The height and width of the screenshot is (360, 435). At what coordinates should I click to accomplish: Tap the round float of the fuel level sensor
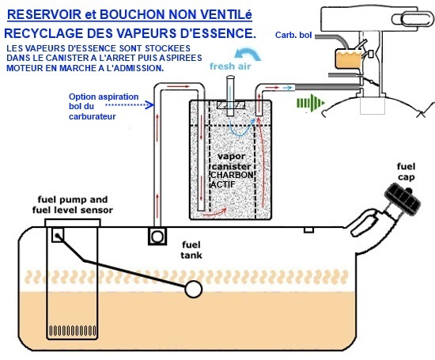pyautogui.click(x=193, y=290)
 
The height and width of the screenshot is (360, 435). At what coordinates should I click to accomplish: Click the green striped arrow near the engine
pyautogui.click(x=311, y=103)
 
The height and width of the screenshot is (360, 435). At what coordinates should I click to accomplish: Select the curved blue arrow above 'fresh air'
pyautogui.click(x=248, y=54)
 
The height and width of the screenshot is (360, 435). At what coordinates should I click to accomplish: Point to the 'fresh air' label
pyautogui.click(x=230, y=66)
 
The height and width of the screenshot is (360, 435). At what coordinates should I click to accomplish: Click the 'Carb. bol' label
pyautogui.click(x=293, y=35)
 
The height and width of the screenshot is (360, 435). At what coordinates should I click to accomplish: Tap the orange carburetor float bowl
pyautogui.click(x=349, y=59)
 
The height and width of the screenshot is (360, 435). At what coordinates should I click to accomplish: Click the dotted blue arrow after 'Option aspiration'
pyautogui.click(x=130, y=105)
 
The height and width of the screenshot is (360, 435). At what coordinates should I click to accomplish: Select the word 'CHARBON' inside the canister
pyautogui.click(x=232, y=175)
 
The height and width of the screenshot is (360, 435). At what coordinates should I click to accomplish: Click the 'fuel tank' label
pyautogui.click(x=191, y=250)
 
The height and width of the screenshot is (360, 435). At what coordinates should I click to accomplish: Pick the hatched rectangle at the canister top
pyautogui.click(x=231, y=105)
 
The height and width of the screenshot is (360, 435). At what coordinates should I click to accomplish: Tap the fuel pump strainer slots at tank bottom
pyautogui.click(x=73, y=331)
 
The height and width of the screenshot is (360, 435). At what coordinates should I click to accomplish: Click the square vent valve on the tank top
pyautogui.click(x=157, y=237)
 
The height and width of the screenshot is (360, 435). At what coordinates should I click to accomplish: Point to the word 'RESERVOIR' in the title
pyautogui.click(x=44, y=14)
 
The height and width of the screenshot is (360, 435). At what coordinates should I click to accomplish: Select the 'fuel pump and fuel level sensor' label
pyautogui.click(x=73, y=205)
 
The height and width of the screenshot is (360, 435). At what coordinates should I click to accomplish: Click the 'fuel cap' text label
pyautogui.click(x=406, y=172)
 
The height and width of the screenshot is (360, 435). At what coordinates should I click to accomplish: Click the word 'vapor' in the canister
pyautogui.click(x=232, y=157)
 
